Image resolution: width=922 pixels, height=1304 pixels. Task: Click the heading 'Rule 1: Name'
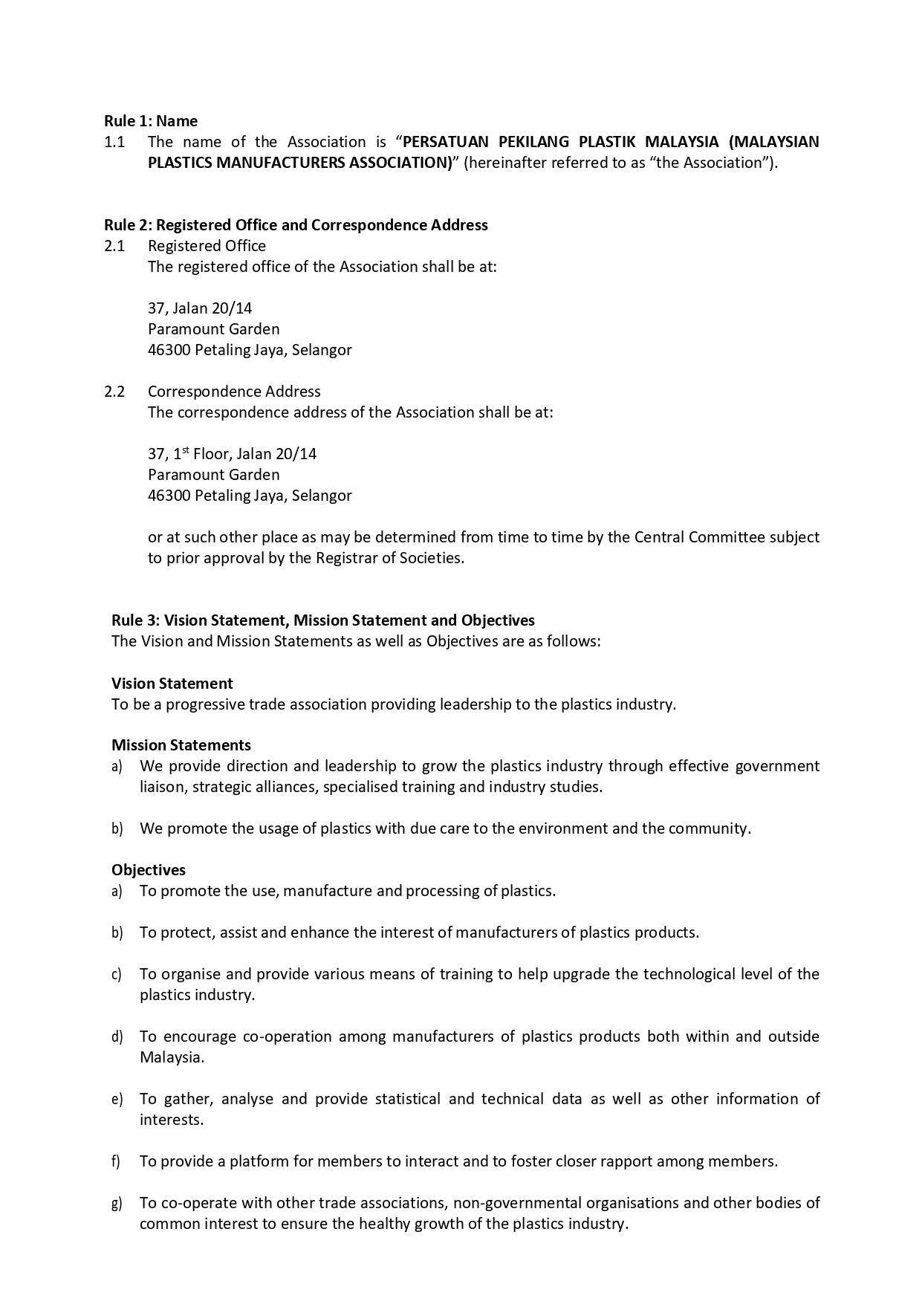(x=151, y=121)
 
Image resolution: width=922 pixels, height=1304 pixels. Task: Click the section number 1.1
(x=114, y=142)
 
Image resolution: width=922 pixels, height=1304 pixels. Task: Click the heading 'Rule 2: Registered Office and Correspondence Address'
(x=296, y=225)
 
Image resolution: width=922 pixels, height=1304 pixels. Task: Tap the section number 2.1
(x=114, y=246)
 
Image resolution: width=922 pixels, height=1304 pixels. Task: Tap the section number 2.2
(x=114, y=392)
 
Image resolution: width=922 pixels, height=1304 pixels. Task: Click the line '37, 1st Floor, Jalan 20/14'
(x=232, y=454)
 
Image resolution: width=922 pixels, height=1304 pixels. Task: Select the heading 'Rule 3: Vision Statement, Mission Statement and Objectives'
(x=323, y=620)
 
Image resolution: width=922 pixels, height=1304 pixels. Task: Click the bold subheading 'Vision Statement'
(x=172, y=684)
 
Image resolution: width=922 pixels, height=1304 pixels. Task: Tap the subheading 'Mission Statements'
(x=181, y=745)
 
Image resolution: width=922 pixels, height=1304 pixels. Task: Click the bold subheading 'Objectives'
(x=149, y=870)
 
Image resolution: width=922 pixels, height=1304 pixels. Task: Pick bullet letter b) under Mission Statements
(x=117, y=829)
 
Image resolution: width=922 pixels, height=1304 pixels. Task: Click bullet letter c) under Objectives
(x=117, y=975)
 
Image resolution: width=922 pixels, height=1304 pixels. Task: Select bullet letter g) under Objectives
(x=117, y=1204)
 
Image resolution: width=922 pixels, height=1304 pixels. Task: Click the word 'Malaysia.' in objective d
(x=172, y=1057)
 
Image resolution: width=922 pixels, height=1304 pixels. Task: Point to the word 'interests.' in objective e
(x=172, y=1120)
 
